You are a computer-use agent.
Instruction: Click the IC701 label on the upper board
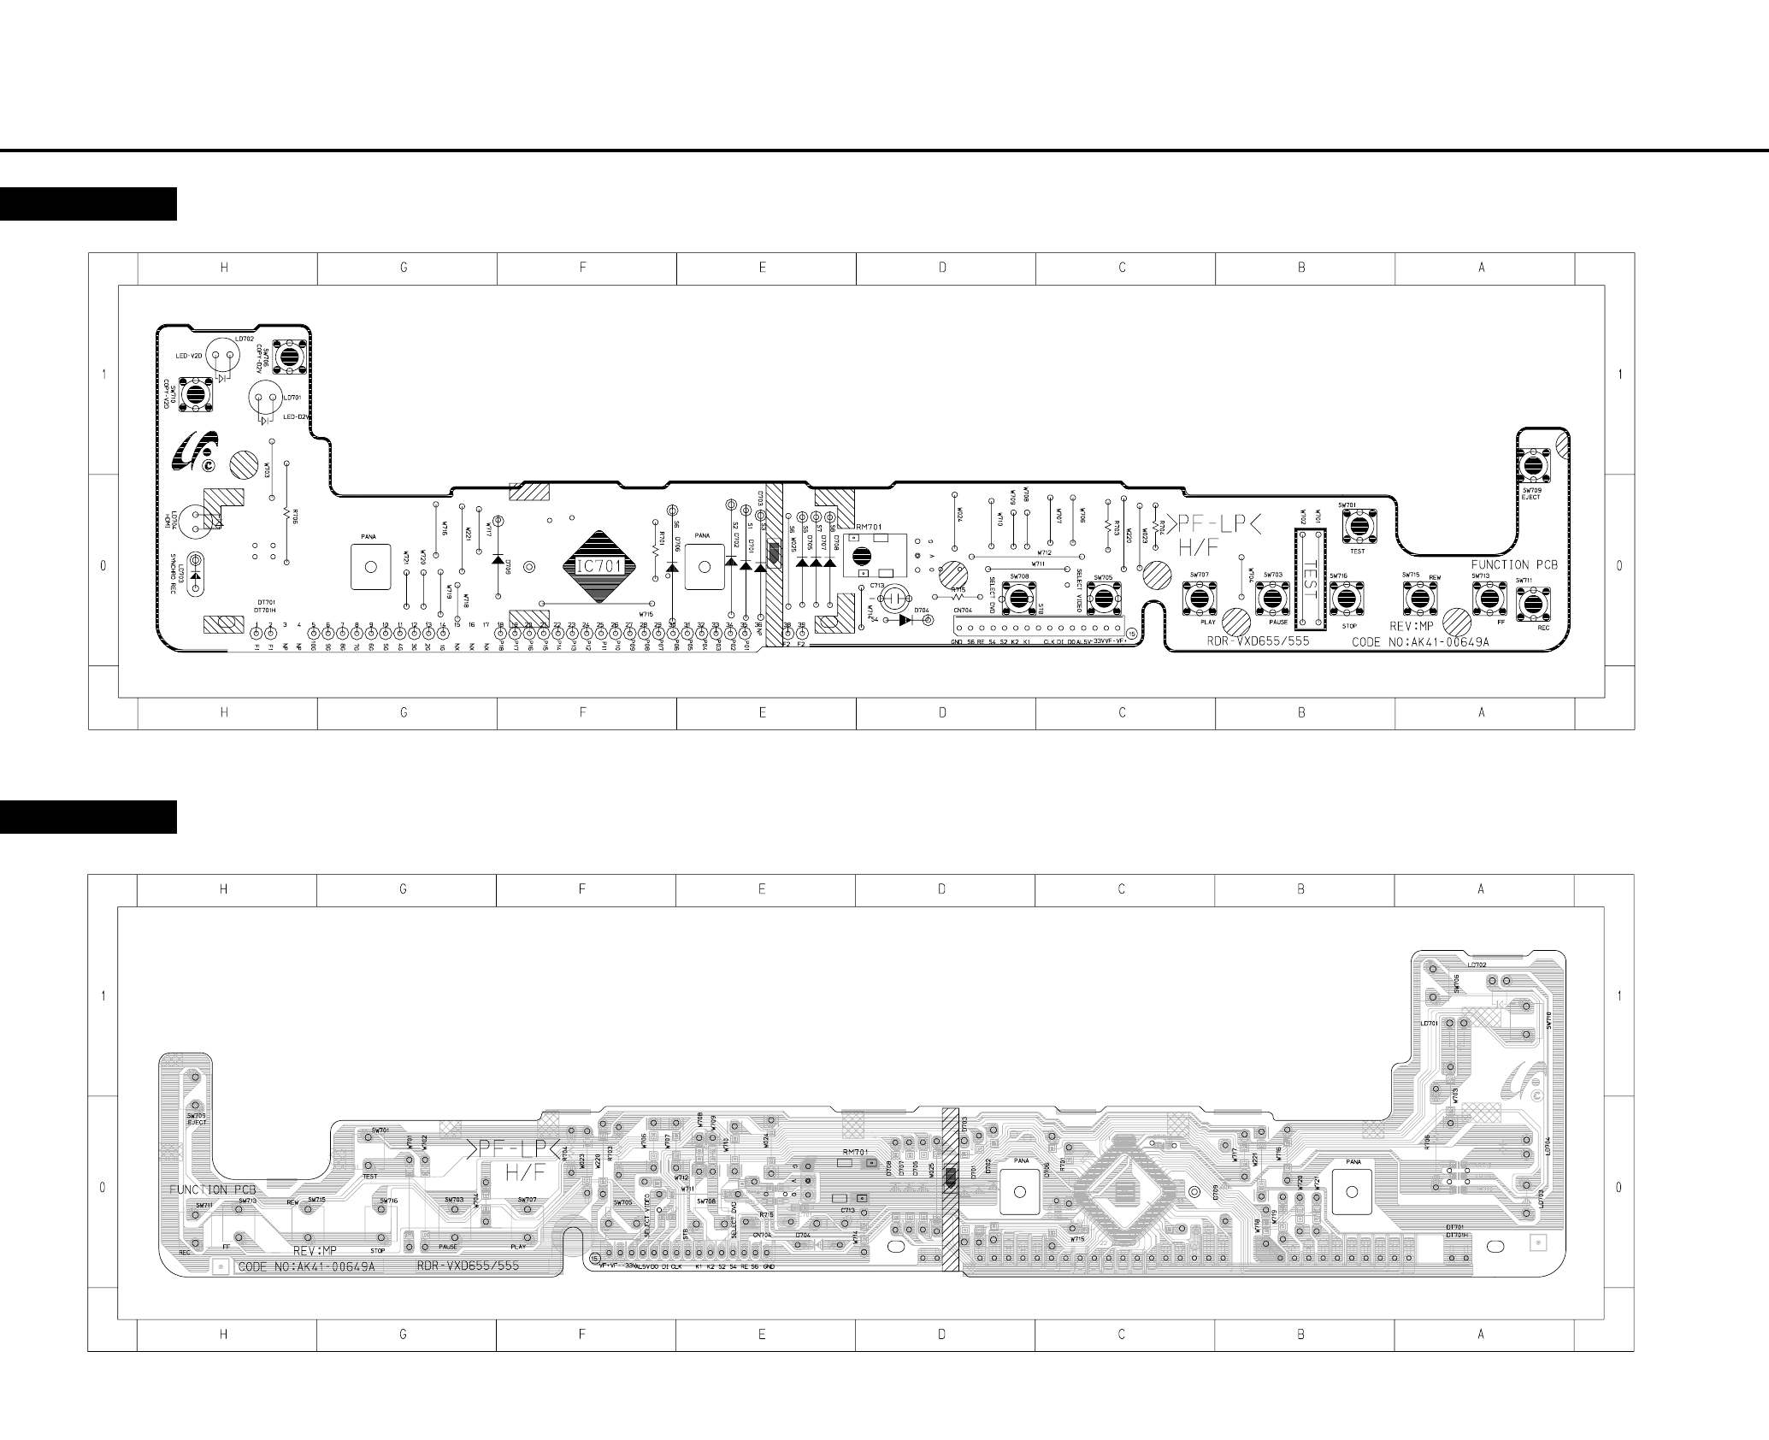pyautogui.click(x=599, y=566)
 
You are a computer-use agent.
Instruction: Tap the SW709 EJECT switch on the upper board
pyautogui.click(x=1535, y=467)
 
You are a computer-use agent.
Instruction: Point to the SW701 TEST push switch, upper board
pyautogui.click(x=1358, y=525)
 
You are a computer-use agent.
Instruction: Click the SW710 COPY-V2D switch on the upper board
pyautogui.click(x=195, y=394)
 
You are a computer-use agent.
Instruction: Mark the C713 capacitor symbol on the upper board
pyautogui.click(x=897, y=596)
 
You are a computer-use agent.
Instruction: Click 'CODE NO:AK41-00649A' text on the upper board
pyautogui.click(x=1420, y=641)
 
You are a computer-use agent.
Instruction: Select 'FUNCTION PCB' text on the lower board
pyautogui.click(x=211, y=1189)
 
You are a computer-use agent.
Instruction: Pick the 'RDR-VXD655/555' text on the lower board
pyautogui.click(x=468, y=1266)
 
